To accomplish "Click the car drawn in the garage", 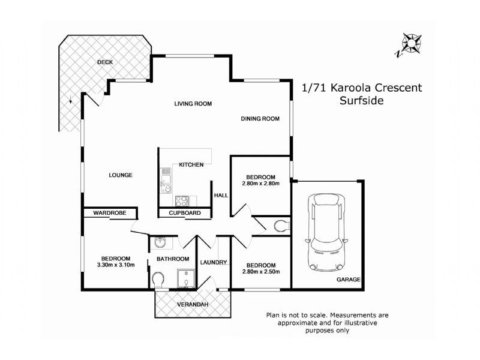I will [x=326, y=232].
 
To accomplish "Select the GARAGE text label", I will [x=348, y=280].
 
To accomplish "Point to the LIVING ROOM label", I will [x=193, y=104].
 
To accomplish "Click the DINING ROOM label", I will [x=260, y=119].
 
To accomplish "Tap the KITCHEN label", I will [x=191, y=164].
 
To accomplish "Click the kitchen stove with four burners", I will [x=182, y=201].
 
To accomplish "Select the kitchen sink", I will [x=165, y=179].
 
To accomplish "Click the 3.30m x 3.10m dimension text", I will [x=116, y=265].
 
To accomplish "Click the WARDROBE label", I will [x=108, y=213].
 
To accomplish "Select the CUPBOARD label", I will [x=184, y=213].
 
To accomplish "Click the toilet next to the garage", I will [x=280, y=226].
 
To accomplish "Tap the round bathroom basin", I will [x=160, y=242].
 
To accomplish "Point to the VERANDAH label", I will [x=193, y=305].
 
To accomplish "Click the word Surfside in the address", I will [x=362, y=101].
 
